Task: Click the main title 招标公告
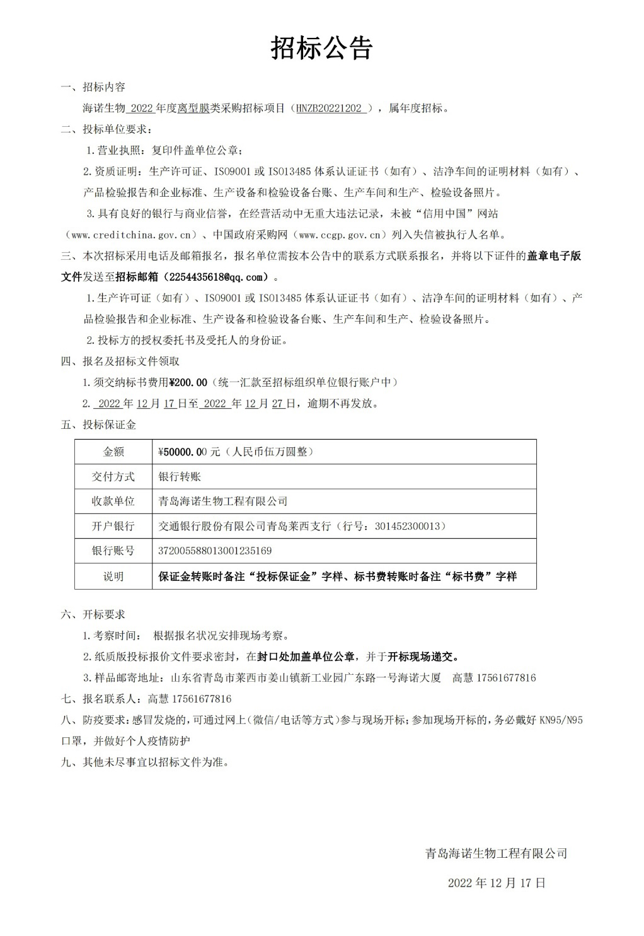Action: click(322, 48)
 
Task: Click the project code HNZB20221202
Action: click(331, 108)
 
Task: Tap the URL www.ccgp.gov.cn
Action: click(338, 235)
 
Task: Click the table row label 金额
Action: click(113, 452)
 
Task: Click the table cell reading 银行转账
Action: click(180, 476)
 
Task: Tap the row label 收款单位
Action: click(113, 501)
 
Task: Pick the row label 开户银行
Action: click(113, 526)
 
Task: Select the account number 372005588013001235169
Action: click(215, 551)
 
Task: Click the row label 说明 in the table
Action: click(113, 576)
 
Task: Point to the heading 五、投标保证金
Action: click(98, 424)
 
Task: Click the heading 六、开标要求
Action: click(93, 614)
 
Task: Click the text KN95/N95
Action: click(561, 720)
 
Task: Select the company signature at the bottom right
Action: click(497, 853)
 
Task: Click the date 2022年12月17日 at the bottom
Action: click(497, 883)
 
